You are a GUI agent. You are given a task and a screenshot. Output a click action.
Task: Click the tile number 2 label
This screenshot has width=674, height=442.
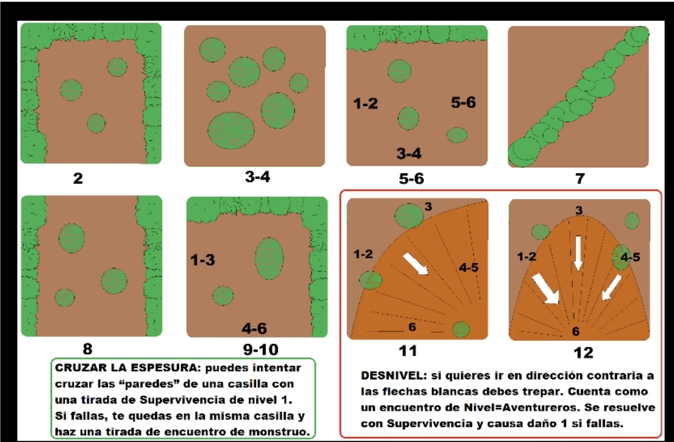click(x=78, y=178)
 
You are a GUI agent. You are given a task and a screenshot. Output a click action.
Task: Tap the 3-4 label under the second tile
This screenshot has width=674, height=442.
click(x=257, y=176)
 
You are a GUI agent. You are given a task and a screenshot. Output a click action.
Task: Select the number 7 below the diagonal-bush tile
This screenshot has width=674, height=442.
click(x=580, y=178)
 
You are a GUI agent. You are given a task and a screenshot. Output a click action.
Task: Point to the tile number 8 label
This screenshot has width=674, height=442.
click(x=87, y=348)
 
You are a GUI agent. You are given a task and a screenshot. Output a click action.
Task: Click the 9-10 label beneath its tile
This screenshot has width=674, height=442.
click(x=260, y=350)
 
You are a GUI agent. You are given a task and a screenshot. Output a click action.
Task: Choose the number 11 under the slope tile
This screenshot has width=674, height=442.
click(x=407, y=351)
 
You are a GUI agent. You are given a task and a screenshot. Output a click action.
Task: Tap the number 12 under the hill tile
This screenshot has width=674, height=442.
click(x=583, y=353)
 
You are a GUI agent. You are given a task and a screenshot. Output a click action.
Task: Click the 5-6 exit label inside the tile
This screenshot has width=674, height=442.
click(x=463, y=102)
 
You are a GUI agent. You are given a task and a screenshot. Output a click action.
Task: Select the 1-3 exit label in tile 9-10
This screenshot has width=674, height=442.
click(x=203, y=260)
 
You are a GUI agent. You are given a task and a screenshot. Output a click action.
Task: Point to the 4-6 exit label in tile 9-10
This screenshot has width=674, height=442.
click(x=254, y=328)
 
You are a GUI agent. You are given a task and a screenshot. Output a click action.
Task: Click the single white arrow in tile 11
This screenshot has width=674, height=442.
click(x=415, y=264)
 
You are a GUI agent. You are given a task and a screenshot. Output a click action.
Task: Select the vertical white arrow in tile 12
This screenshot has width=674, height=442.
click(x=578, y=253)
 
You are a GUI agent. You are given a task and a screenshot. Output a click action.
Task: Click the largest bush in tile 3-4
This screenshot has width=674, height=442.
click(x=231, y=131)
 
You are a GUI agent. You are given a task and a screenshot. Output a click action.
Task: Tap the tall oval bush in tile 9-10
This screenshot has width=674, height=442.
click(x=269, y=259)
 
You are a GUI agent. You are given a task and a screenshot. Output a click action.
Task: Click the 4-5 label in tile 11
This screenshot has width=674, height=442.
click(x=469, y=267)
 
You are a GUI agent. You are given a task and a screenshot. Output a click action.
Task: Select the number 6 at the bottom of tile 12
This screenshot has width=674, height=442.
click(x=575, y=331)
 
